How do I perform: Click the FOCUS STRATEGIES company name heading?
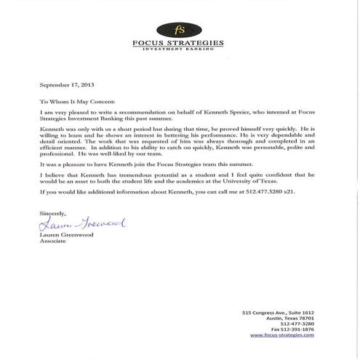click(179, 43)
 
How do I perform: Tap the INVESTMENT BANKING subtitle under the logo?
click(178, 49)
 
